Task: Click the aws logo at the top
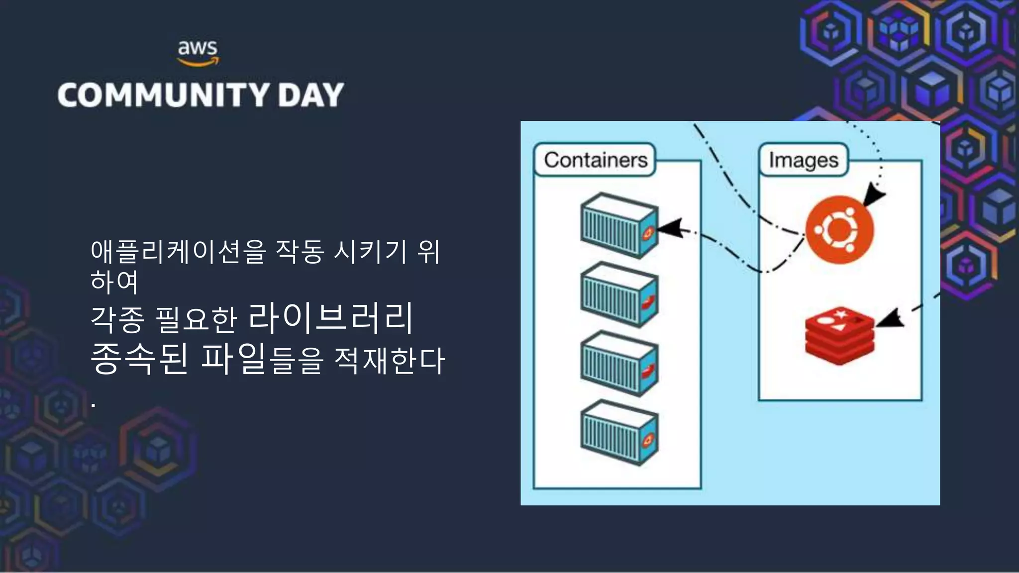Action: coord(198,53)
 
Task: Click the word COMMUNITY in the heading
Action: coord(163,95)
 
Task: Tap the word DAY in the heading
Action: coord(311,95)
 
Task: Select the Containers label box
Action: coord(595,160)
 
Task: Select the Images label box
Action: coord(803,160)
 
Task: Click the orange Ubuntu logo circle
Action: coord(839,230)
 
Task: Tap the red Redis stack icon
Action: coord(839,336)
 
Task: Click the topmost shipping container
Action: coord(619,225)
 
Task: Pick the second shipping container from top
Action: coord(619,294)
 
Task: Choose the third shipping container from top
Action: coord(619,364)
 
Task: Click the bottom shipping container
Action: coord(619,433)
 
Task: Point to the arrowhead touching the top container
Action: coord(669,228)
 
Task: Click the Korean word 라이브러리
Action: coord(330,318)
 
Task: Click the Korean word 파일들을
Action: coord(262,359)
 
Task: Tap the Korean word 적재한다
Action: coord(389,360)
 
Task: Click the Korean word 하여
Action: coord(114,282)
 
